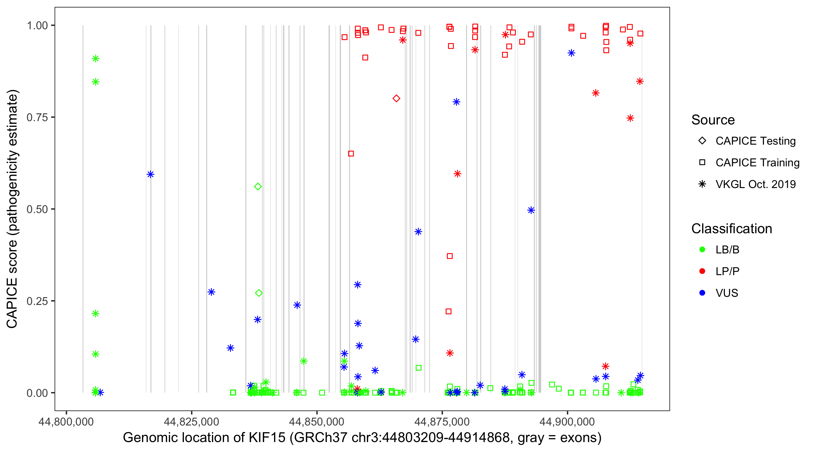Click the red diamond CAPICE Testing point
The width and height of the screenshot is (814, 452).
(396, 99)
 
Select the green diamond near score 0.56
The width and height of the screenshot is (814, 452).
(258, 187)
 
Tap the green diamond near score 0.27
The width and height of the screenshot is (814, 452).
(259, 293)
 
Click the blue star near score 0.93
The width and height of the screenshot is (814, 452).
(571, 53)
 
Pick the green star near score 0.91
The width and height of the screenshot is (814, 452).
(96, 59)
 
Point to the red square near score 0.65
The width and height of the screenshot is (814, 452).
(351, 153)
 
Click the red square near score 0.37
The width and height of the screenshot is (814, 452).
(450, 256)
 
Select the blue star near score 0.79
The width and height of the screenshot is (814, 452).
(456, 102)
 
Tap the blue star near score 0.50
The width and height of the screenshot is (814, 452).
(531, 210)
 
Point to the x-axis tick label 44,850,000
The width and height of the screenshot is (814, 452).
(317, 422)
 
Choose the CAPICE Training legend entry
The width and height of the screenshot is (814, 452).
(757, 163)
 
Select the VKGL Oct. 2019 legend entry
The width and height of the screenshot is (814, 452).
(755, 184)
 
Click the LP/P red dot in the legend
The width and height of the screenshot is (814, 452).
(702, 271)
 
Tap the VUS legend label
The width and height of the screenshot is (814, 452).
(727, 293)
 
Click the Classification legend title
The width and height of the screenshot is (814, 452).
(731, 229)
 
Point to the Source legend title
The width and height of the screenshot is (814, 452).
(713, 120)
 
